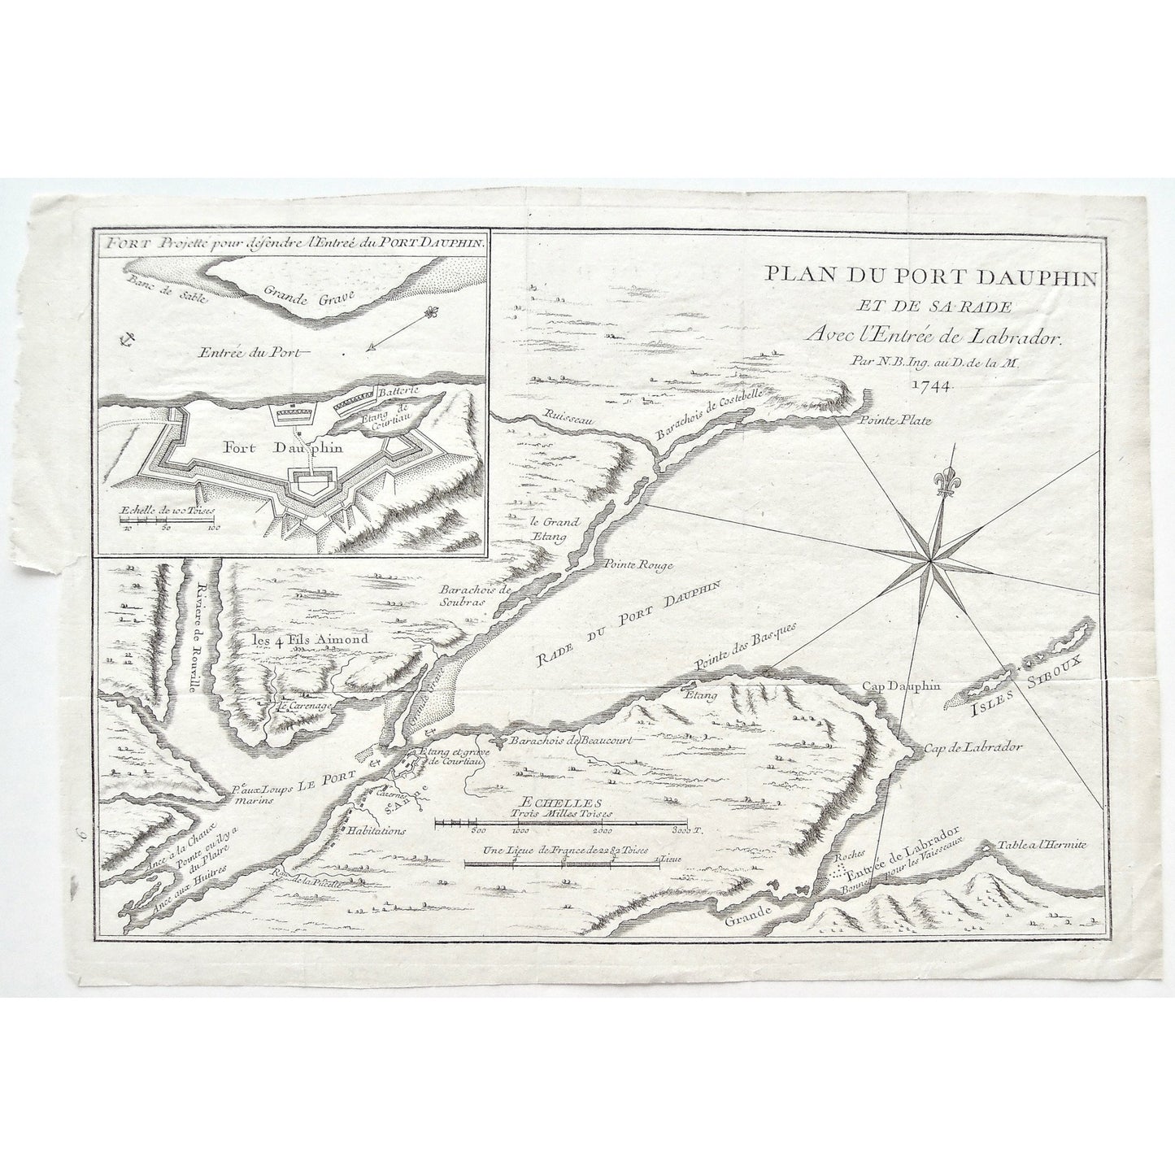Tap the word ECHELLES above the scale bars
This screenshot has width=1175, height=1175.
pyautogui.click(x=557, y=800)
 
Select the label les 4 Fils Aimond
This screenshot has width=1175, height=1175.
pyautogui.click(x=310, y=639)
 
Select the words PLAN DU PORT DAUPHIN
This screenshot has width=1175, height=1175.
pyautogui.click(x=930, y=278)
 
